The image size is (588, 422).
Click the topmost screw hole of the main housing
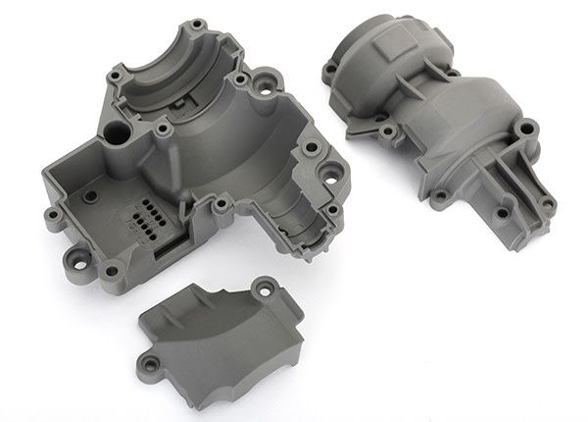200,24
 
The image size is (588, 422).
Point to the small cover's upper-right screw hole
262,289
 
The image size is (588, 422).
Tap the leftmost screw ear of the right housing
331,68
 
